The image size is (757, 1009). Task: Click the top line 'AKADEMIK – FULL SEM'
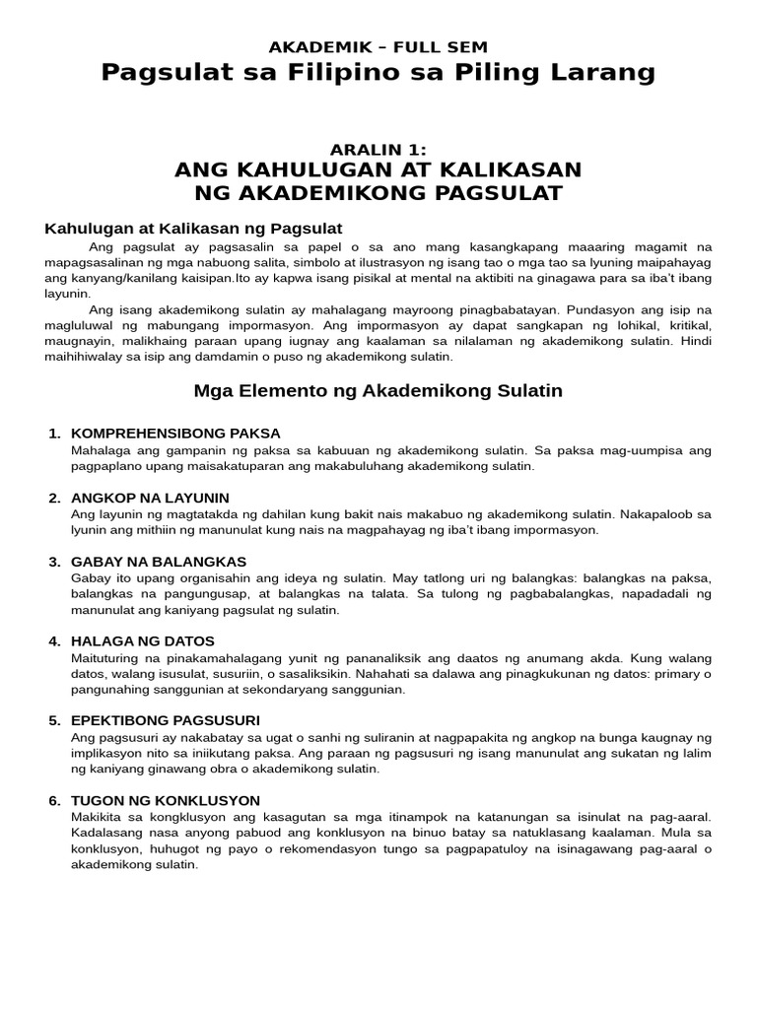[x=378, y=46]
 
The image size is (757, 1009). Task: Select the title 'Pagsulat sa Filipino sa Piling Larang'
[x=378, y=73]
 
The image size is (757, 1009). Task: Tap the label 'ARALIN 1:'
[x=378, y=150]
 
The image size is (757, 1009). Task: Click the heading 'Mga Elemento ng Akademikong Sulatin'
[x=378, y=391]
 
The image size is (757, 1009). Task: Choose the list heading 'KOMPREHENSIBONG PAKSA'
[x=176, y=434]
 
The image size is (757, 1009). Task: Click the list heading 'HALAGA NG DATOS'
[x=143, y=641]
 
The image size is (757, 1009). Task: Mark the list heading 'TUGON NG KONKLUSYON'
[x=166, y=801]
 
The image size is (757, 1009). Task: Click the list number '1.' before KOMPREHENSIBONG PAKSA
[x=55, y=434]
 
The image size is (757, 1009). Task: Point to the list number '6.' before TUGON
[x=55, y=801]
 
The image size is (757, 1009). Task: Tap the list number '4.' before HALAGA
[x=55, y=641]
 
